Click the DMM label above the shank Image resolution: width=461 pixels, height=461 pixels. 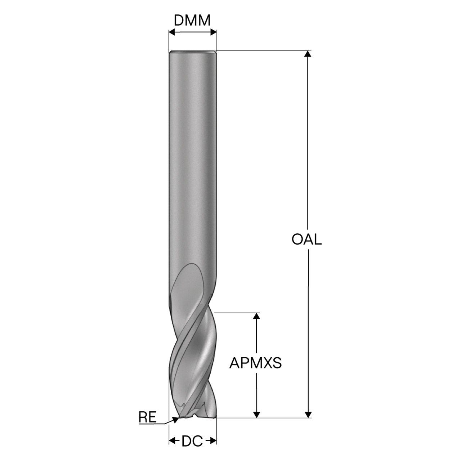pos(192,21)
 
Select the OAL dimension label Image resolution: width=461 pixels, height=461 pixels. pos(306,240)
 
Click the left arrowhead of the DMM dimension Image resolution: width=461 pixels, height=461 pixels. pos(172,32)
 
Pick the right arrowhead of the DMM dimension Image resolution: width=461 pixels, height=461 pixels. pos(213,32)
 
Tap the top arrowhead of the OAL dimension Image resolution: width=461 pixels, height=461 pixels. pos(308,54)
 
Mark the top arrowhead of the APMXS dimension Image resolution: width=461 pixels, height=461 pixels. pos(256,316)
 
